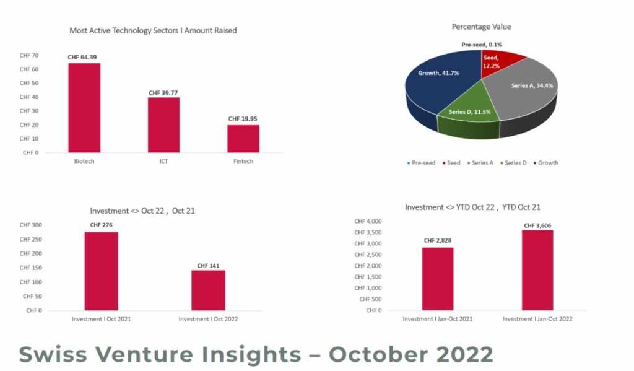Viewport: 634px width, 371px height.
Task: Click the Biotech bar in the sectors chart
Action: pos(84,108)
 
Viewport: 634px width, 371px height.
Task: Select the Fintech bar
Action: pos(243,139)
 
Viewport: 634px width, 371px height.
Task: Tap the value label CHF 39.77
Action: pos(163,93)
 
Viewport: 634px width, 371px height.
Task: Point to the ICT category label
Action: pos(163,161)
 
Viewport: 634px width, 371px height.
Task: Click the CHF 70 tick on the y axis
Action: pos(29,55)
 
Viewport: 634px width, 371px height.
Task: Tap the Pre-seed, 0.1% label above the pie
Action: pos(482,45)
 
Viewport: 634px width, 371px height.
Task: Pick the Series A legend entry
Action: pos(480,163)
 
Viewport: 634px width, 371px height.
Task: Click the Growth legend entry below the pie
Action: pos(546,163)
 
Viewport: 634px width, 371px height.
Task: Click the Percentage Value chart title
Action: pos(481,27)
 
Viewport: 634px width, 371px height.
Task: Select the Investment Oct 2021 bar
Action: pos(102,271)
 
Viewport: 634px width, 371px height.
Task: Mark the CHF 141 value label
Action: pos(208,266)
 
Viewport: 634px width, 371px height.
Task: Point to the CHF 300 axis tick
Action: pos(31,225)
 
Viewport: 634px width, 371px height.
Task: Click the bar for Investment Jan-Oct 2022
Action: pos(537,270)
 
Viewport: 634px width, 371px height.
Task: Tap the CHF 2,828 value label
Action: pos(438,240)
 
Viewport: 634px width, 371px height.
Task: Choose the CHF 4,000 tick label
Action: pos(368,221)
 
